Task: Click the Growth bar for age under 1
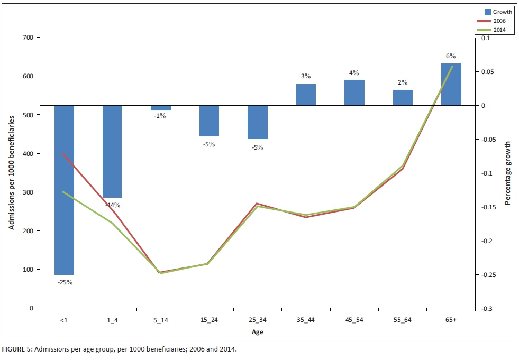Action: point(64,190)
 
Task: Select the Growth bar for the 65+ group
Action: point(451,85)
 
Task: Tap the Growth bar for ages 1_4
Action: point(112,152)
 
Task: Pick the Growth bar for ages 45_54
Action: point(354,93)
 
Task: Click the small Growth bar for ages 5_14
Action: point(160,108)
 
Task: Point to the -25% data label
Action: point(65,282)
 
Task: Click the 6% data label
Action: point(451,56)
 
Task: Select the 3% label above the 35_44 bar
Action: point(306,76)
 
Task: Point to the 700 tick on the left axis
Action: point(28,38)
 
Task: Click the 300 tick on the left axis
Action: point(28,192)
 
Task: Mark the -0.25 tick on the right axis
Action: point(487,275)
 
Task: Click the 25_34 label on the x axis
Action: point(257,320)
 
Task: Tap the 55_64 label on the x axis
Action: point(402,320)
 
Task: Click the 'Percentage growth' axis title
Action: point(507,173)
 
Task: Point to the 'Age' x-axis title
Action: point(257,333)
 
